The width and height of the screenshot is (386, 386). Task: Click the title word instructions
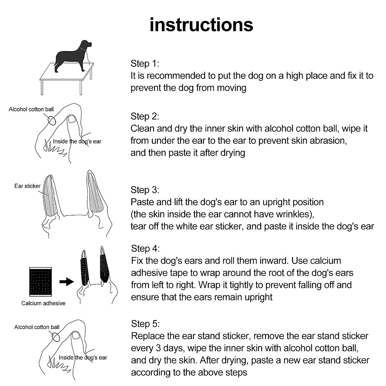[201, 25]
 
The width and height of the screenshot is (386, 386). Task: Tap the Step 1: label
[145, 63]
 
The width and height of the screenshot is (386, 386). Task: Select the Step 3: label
[145, 190]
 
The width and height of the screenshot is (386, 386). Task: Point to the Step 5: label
[145, 324]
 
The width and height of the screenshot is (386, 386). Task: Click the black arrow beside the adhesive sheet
[67, 282]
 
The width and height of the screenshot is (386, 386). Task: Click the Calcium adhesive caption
[43, 303]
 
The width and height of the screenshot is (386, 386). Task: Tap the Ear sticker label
[27, 186]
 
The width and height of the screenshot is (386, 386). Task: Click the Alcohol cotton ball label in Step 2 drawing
[31, 109]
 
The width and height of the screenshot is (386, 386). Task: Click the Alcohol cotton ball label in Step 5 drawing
[37, 327]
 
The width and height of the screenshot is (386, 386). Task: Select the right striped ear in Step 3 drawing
[95, 195]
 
